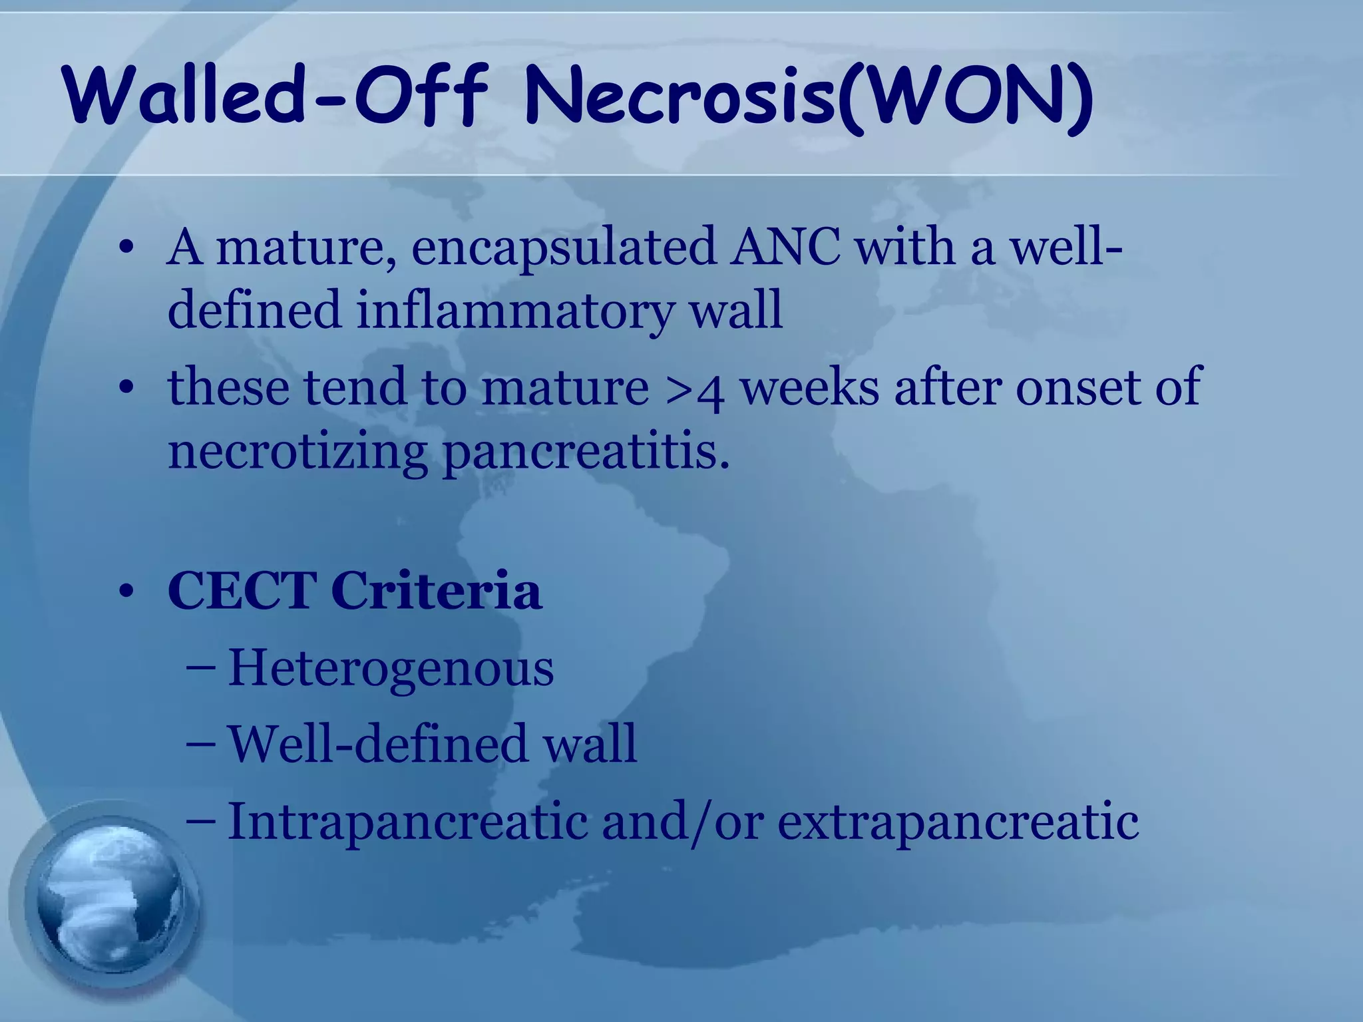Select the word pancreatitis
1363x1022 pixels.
tap(586, 452)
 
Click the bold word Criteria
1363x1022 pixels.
tap(437, 591)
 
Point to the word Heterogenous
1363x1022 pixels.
tap(391, 669)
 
